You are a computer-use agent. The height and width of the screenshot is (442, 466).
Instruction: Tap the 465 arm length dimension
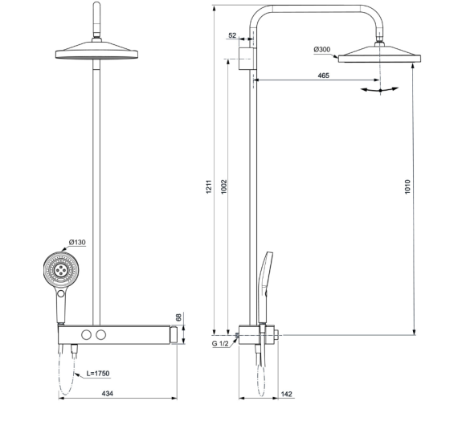point(323,75)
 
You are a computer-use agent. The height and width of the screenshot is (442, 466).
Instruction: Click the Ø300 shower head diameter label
point(321,50)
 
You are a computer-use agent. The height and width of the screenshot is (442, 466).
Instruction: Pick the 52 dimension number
point(232,35)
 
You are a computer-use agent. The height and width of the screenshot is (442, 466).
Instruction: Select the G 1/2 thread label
point(222,344)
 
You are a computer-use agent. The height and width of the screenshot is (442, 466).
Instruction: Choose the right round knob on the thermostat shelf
point(102,334)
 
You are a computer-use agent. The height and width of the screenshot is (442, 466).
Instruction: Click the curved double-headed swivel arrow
point(378,90)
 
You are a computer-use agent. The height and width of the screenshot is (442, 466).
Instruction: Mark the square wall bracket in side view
point(247,56)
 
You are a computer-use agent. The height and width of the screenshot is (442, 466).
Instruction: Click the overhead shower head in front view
point(98,55)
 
